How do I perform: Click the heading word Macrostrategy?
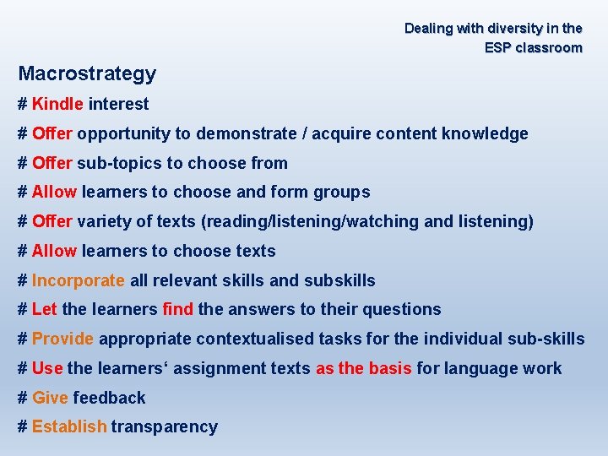(x=87, y=74)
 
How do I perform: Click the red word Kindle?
(x=57, y=105)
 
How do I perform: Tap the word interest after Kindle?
(x=118, y=105)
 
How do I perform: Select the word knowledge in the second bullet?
(x=486, y=133)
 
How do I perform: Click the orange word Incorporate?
(x=79, y=280)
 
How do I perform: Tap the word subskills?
(x=339, y=280)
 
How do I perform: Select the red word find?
(x=177, y=309)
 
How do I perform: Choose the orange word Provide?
(x=62, y=339)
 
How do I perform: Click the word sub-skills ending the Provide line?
(x=546, y=339)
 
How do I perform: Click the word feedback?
(x=109, y=398)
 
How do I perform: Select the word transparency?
(x=164, y=427)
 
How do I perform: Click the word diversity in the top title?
(x=513, y=29)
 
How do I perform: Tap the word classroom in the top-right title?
(x=549, y=48)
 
